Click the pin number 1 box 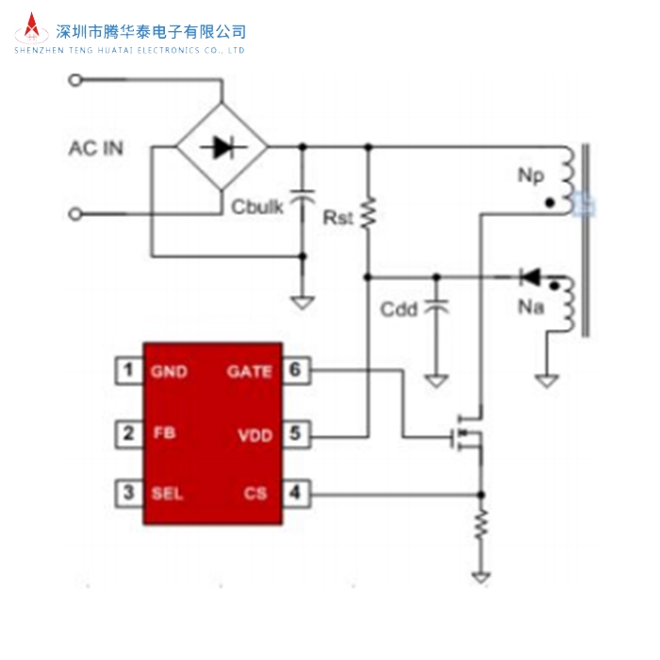[127, 371]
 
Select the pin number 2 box [127, 434]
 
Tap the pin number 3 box [127, 492]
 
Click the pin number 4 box [296, 492]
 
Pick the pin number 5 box [296, 434]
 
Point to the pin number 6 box [296, 371]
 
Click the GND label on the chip [169, 371]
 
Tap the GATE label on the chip [249, 371]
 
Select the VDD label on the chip [255, 435]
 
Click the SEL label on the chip [167, 493]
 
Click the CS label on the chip [256, 493]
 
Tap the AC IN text [95, 149]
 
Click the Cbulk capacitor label [256, 206]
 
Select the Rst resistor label [338, 218]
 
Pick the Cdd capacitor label [399, 309]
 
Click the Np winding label [530, 175]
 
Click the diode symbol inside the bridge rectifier [223, 146]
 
